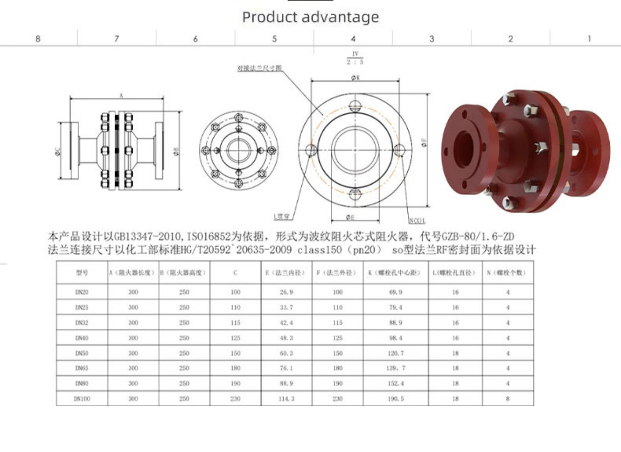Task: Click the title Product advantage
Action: (x=310, y=17)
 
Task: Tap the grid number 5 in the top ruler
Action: (x=274, y=38)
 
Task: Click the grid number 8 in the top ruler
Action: (x=38, y=38)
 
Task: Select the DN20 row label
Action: (x=82, y=292)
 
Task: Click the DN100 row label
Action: (x=82, y=399)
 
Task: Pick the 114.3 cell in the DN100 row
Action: (x=286, y=399)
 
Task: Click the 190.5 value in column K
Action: (x=396, y=399)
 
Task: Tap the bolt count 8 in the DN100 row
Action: (x=508, y=399)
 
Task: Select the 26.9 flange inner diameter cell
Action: (x=286, y=292)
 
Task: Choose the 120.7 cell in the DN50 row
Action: (x=396, y=353)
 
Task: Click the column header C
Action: (x=235, y=272)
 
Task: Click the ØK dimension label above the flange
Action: (x=355, y=77)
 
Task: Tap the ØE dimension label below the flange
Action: (x=350, y=217)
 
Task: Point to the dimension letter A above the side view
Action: (x=121, y=96)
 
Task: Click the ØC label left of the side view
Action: (x=58, y=152)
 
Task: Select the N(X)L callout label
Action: (x=417, y=221)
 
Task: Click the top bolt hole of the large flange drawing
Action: (x=355, y=106)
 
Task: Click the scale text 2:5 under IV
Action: (x=355, y=62)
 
